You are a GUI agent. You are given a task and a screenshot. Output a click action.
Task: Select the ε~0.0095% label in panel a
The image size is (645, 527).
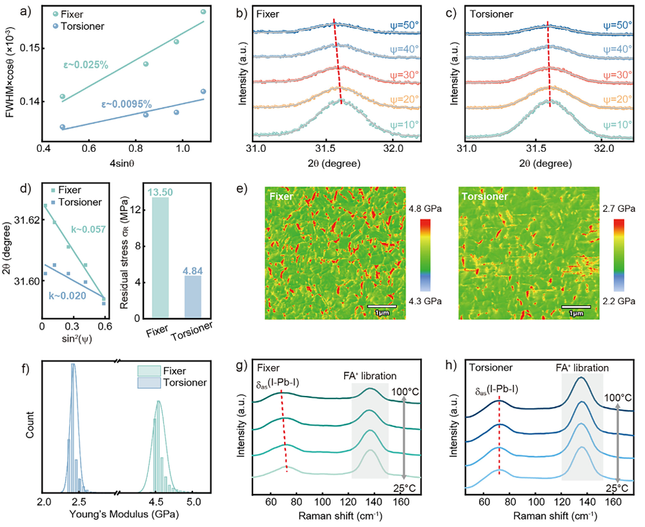pyautogui.click(x=126, y=103)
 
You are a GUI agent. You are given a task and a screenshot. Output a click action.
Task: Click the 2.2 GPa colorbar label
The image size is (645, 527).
pyautogui.click(x=621, y=302)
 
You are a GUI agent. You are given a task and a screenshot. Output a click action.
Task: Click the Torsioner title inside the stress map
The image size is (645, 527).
pyautogui.click(x=486, y=194)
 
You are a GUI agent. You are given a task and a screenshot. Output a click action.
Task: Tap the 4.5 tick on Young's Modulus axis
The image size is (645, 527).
pyautogui.click(x=156, y=500)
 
